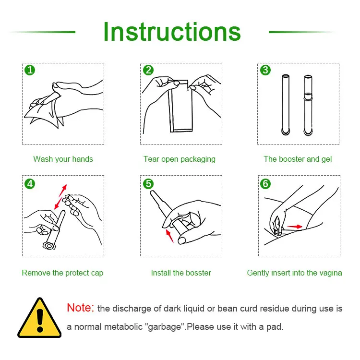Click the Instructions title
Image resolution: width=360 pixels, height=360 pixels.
point(172,32)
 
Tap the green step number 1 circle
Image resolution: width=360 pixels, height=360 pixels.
point(30,70)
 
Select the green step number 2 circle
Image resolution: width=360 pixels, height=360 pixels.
point(148,70)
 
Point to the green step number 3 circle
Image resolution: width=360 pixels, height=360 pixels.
point(265,70)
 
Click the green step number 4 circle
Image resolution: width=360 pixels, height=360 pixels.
point(30,184)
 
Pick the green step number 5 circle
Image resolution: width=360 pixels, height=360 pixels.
point(148,184)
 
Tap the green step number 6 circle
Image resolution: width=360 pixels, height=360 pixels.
point(265,184)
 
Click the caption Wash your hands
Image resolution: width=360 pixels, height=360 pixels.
point(63,159)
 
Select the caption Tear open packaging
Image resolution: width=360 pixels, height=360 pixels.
point(180,159)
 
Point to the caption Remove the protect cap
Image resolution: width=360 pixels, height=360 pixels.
point(62,273)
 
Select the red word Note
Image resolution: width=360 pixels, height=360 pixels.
point(80,308)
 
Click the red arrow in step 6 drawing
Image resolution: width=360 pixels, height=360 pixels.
point(295,227)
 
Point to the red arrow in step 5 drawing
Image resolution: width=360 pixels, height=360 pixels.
point(169,236)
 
